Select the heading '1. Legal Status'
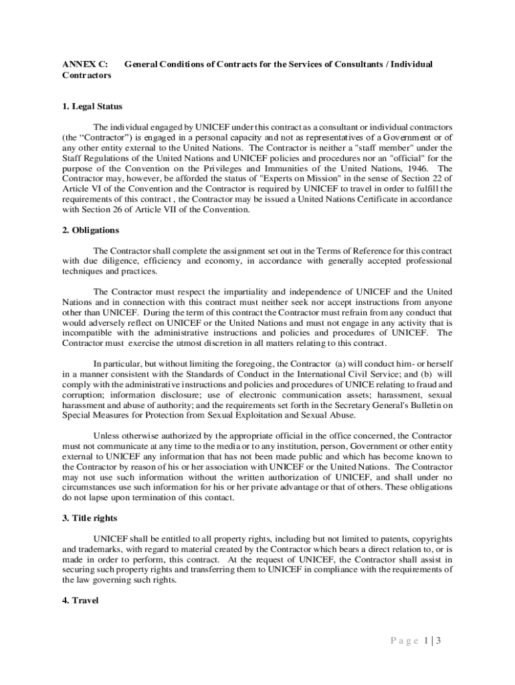click(x=92, y=106)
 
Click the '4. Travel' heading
click(x=80, y=601)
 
